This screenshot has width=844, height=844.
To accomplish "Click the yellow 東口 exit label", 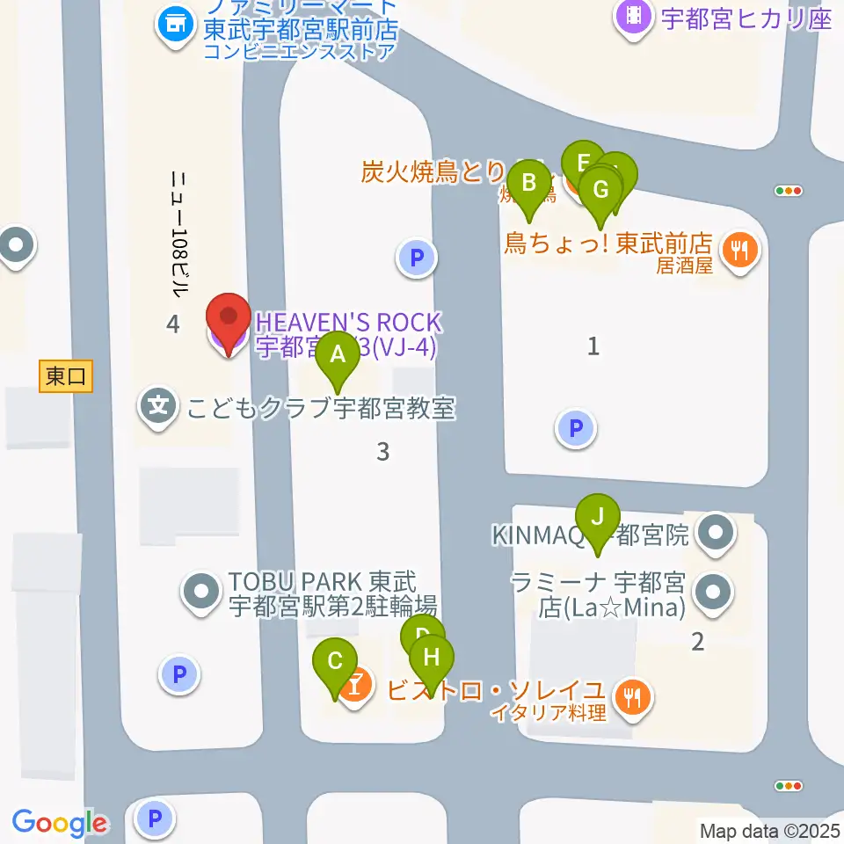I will point(67,377).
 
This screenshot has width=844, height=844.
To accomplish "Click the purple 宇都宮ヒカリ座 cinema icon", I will point(634,17).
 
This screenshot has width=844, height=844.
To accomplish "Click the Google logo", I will point(59,824).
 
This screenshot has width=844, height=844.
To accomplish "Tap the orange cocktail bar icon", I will point(357,687).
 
